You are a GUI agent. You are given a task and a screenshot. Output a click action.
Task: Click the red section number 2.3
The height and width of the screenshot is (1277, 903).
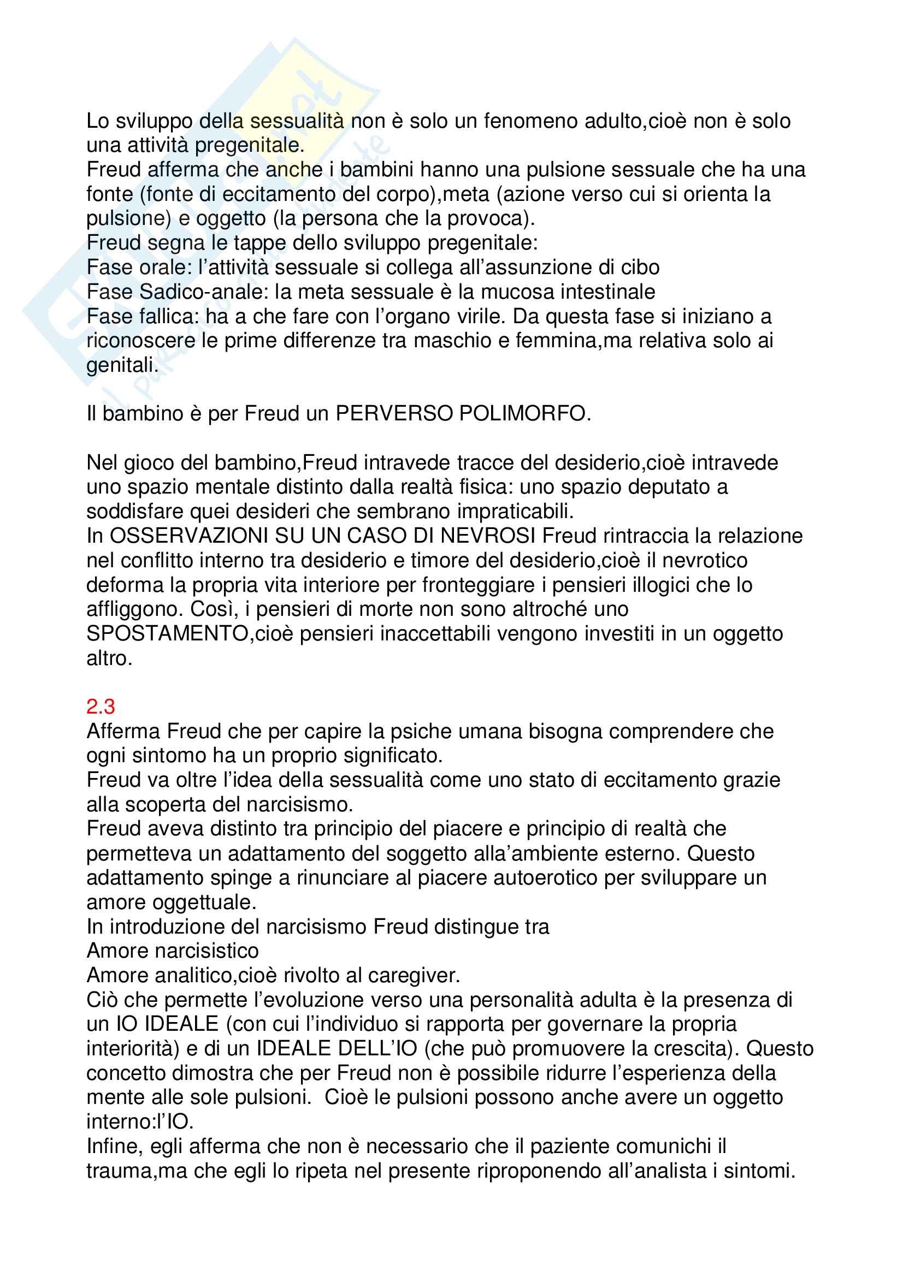pos(101,707)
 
